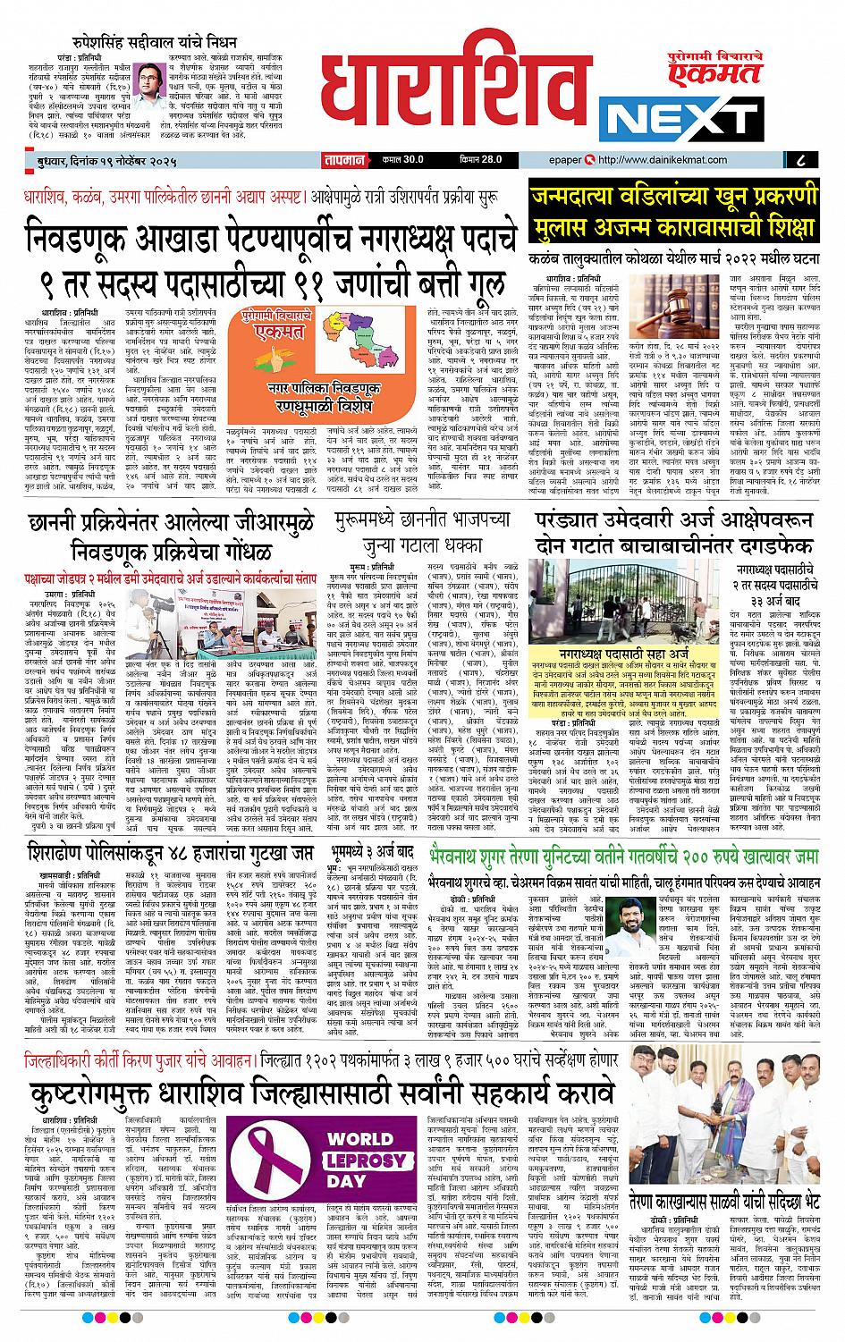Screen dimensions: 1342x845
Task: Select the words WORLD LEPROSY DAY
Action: (x=358, y=1155)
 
